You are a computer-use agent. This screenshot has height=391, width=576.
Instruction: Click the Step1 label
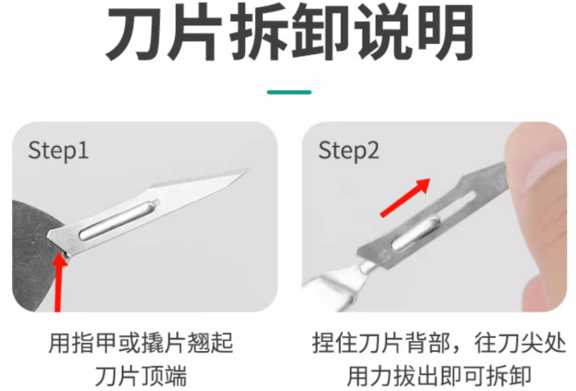click(58, 151)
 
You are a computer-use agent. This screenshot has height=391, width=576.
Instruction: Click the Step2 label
click(349, 151)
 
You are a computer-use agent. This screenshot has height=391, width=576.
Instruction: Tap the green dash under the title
click(289, 92)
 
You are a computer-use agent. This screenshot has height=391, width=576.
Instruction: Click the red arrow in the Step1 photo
click(58, 282)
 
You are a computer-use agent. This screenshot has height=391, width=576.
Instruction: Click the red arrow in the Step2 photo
click(405, 198)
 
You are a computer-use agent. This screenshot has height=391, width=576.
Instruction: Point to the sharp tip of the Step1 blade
click(250, 169)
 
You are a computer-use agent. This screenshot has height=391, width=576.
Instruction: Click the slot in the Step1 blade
click(119, 220)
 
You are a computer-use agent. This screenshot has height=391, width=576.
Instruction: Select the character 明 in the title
click(444, 33)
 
